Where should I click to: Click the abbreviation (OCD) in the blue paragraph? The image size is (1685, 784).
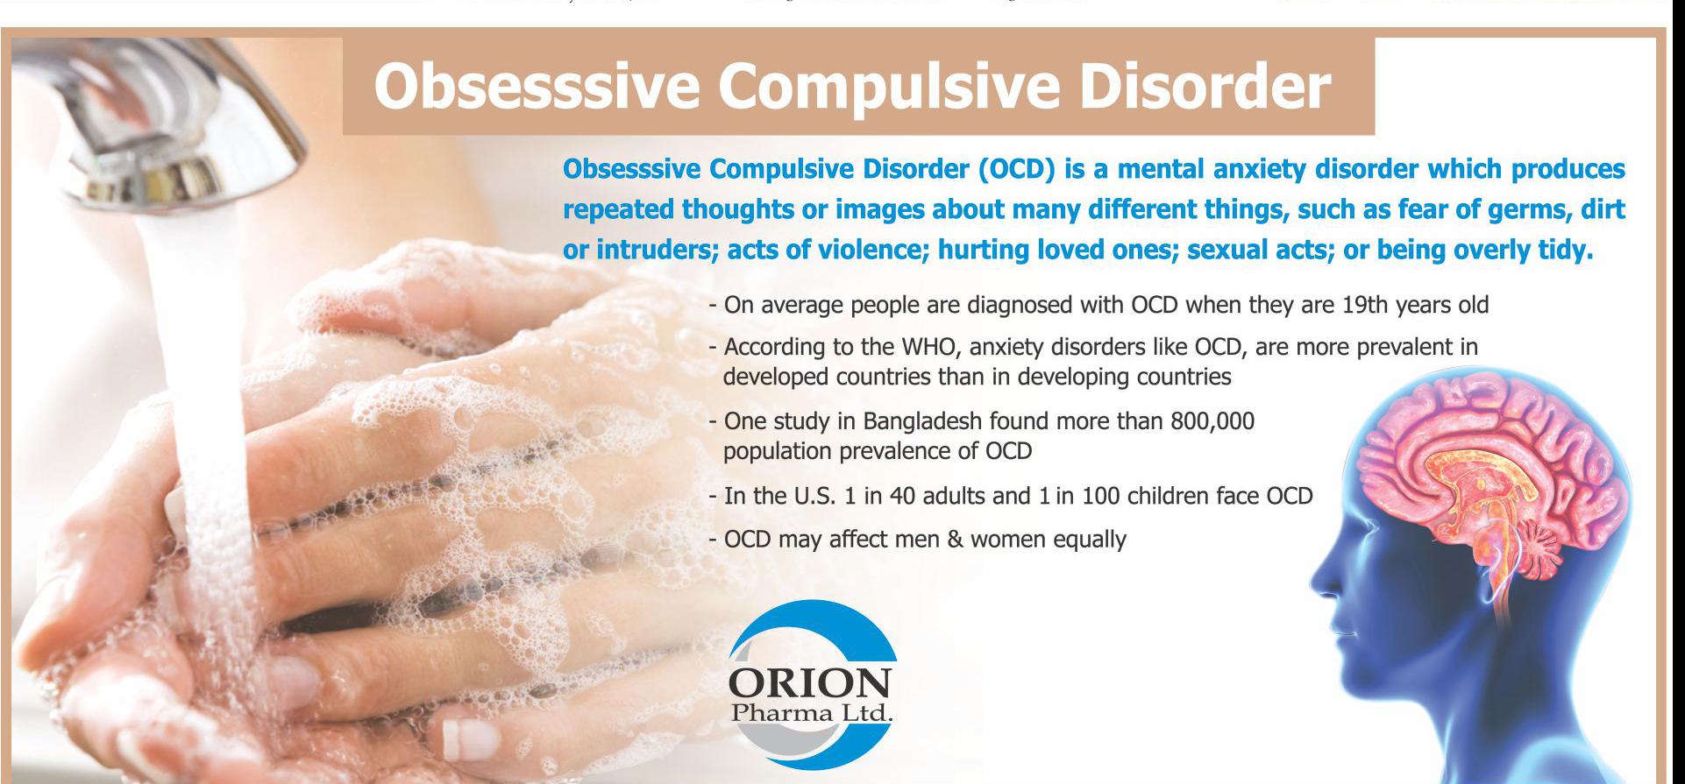point(1015,169)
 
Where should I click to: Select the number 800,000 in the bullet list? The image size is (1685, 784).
point(1212,422)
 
